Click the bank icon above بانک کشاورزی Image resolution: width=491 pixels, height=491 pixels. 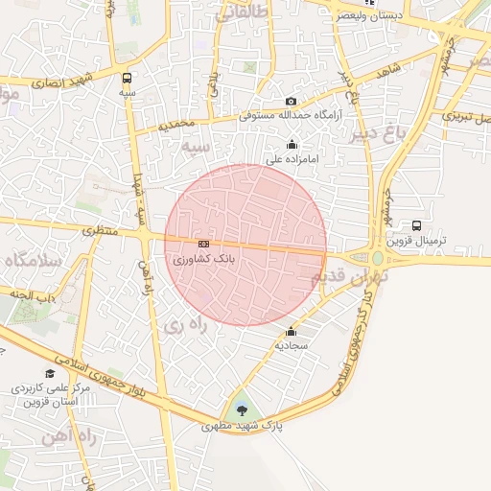(x=202, y=245)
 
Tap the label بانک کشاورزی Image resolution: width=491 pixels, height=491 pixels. (x=202, y=259)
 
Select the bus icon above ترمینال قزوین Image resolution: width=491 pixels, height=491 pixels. (x=416, y=225)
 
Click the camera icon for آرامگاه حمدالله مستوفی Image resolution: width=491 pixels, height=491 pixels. (x=292, y=102)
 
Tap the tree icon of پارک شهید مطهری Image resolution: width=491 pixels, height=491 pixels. (x=241, y=410)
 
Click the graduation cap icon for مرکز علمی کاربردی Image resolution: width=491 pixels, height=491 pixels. (x=49, y=374)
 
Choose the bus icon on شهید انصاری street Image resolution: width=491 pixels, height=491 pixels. (x=128, y=78)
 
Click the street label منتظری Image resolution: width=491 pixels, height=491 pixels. (x=98, y=231)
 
